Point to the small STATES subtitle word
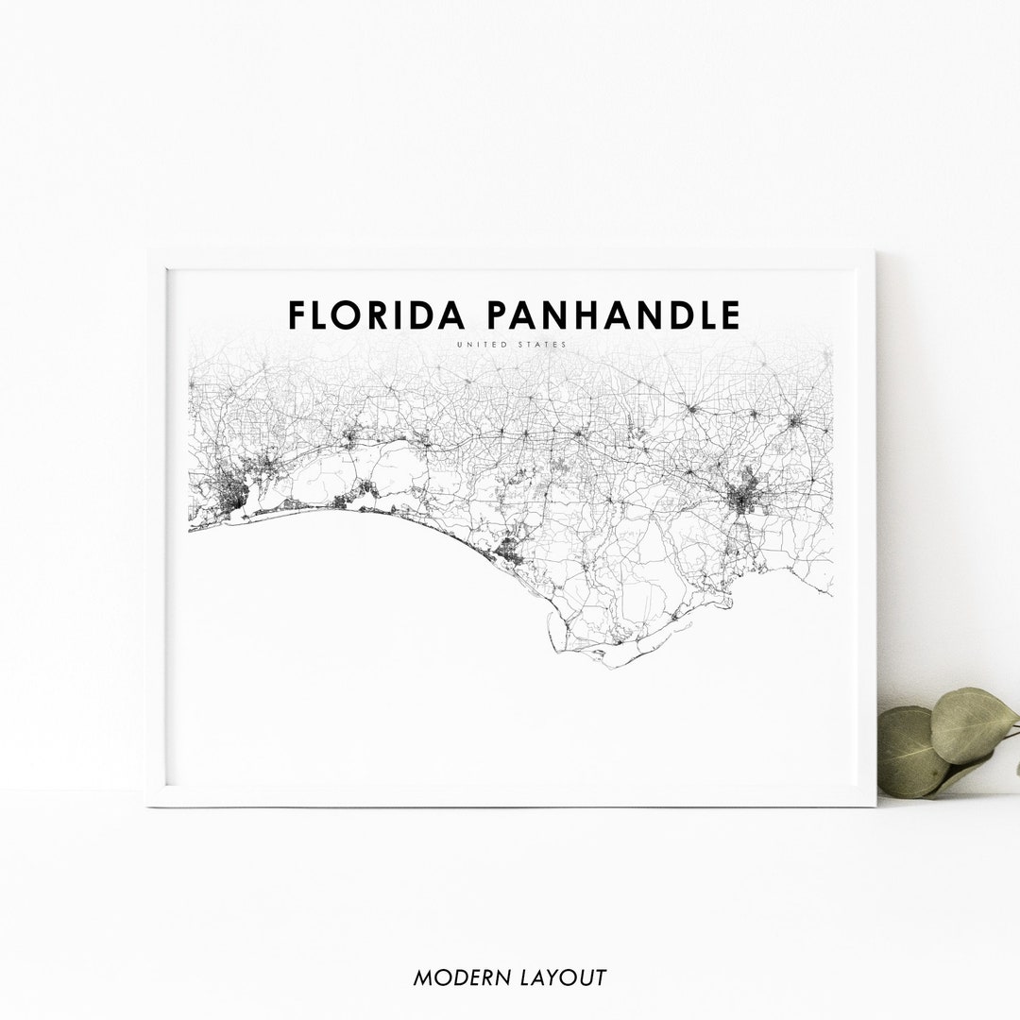pyautogui.click(x=541, y=345)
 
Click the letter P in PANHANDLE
pyautogui.click(x=499, y=315)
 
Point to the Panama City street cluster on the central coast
pyautogui.click(x=510, y=551)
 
